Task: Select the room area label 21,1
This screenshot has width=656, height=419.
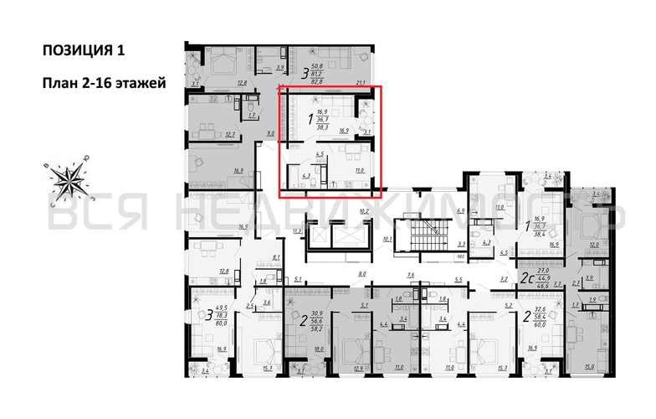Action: pyautogui.click(x=361, y=83)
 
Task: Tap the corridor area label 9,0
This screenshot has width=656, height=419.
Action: pyautogui.click(x=270, y=133)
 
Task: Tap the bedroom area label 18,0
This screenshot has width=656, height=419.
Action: pyautogui.click(x=317, y=350)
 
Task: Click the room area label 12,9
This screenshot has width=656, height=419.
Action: pyautogui.click(x=357, y=367)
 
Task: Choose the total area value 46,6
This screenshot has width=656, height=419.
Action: pyautogui.click(x=542, y=287)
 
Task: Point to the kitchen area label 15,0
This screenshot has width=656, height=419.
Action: pyautogui.click(x=590, y=366)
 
